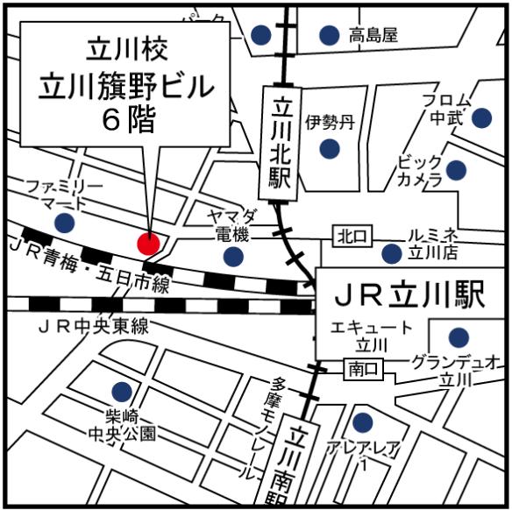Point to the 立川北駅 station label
(x=281, y=141)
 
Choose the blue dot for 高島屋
(x=329, y=35)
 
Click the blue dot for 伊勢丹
(x=329, y=149)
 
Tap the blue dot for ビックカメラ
(x=456, y=169)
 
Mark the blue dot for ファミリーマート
(x=63, y=223)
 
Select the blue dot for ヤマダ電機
(x=233, y=256)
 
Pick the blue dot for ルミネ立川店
(x=392, y=254)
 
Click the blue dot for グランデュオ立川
(x=458, y=336)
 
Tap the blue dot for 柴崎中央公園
(x=122, y=392)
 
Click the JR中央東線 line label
(x=93, y=326)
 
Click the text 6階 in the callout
(x=128, y=120)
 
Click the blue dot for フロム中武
(x=481, y=117)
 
